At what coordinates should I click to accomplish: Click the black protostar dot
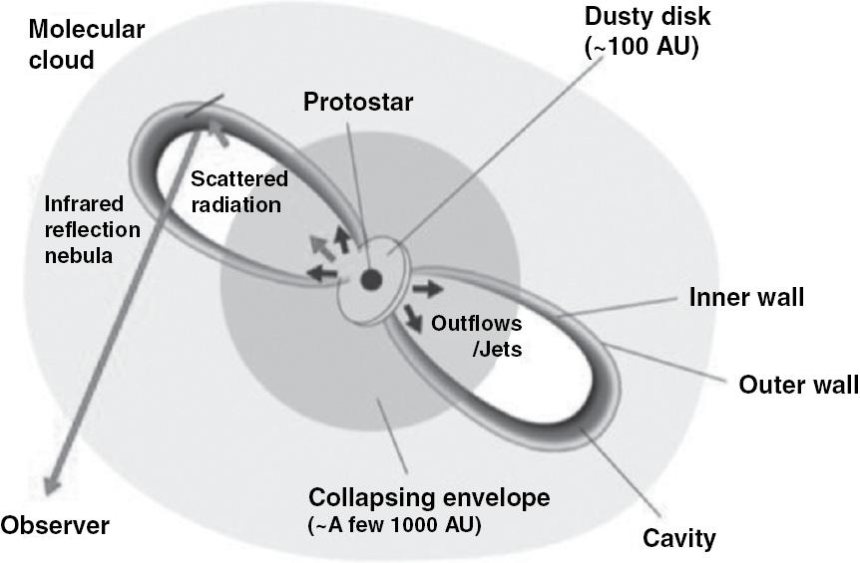click(371, 280)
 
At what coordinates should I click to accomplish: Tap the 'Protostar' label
click(358, 102)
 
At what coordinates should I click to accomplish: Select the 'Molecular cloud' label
click(86, 45)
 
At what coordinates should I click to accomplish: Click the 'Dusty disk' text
click(647, 16)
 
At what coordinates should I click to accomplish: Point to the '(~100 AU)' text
click(642, 48)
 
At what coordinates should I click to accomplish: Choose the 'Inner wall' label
click(746, 297)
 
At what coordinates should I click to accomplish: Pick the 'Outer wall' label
click(798, 385)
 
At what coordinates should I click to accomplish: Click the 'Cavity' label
click(679, 538)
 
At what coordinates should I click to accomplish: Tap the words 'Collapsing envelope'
click(429, 498)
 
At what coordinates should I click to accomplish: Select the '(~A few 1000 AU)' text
click(395, 526)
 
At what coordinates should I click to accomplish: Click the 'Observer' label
click(55, 526)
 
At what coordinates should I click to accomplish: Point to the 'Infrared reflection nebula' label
click(92, 230)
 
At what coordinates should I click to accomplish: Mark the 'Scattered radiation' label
click(239, 191)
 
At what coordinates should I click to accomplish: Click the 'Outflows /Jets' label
click(476, 336)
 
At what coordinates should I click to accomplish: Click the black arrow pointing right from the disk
click(428, 289)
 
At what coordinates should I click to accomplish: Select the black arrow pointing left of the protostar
click(322, 273)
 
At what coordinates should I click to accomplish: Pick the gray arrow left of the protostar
click(322, 247)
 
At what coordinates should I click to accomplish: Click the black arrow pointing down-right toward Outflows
click(413, 319)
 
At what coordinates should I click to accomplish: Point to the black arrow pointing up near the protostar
click(342, 239)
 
